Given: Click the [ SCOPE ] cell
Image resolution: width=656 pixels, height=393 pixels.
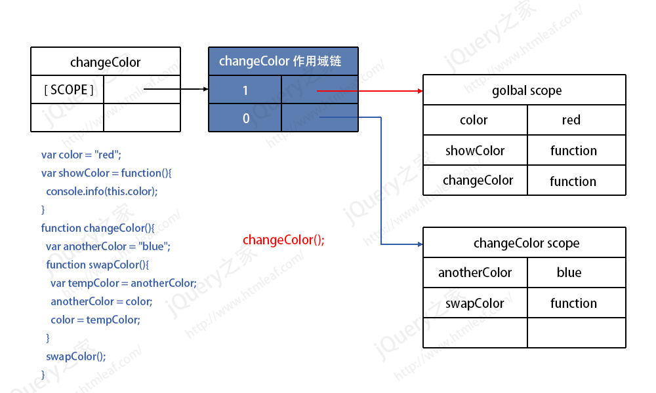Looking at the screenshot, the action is pyautogui.click(x=68, y=89).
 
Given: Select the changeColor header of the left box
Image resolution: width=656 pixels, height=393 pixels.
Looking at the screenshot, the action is pyautogui.click(x=106, y=62).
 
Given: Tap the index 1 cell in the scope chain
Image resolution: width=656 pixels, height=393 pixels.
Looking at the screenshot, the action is pyautogui.click(x=245, y=90).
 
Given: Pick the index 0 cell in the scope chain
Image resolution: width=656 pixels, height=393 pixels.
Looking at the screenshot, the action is pyautogui.click(x=245, y=118).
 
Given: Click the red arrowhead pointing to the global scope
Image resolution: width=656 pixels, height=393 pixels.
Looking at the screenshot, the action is pyautogui.click(x=420, y=90).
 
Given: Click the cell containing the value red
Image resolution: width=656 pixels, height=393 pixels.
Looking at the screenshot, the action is pyautogui.click(x=577, y=120).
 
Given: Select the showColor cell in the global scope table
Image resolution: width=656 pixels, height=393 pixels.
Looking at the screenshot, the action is pyautogui.click(x=475, y=151).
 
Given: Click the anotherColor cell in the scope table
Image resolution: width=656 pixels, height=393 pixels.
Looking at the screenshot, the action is pyautogui.click(x=475, y=272).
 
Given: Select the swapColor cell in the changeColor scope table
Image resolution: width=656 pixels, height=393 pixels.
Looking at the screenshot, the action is pyautogui.click(x=475, y=303).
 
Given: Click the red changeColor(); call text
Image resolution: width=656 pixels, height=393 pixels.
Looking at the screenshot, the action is pyautogui.click(x=283, y=240).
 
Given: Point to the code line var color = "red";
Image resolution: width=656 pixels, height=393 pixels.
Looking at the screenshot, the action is pyautogui.click(x=81, y=155).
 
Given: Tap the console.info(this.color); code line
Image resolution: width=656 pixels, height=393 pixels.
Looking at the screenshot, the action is pyautogui.click(x=102, y=191).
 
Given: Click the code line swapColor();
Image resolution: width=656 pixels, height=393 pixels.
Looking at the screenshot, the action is pyautogui.click(x=75, y=356).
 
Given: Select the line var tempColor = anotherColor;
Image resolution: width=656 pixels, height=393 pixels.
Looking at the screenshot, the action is pyautogui.click(x=123, y=283).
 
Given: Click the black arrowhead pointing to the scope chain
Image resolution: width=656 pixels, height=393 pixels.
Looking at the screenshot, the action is pyautogui.click(x=206, y=89).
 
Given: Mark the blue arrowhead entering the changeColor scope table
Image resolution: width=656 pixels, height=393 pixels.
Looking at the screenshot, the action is pyautogui.click(x=420, y=244).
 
